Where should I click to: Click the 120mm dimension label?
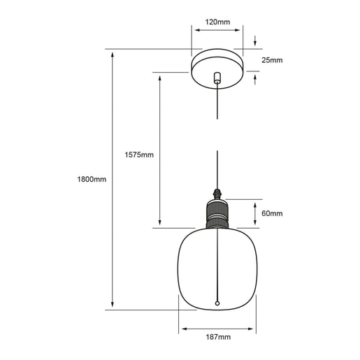click(x=217, y=22)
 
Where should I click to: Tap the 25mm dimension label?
click(x=272, y=60)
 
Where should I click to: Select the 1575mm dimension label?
click(x=139, y=154)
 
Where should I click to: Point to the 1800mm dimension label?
click(x=92, y=179)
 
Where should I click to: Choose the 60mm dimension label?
click(x=272, y=213)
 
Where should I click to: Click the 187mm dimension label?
click(x=218, y=337)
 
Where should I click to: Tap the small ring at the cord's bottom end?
click(x=217, y=303)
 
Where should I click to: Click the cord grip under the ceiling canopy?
click(x=217, y=78)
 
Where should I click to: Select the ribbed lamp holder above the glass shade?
click(x=217, y=214)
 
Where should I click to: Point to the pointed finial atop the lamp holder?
click(x=217, y=194)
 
